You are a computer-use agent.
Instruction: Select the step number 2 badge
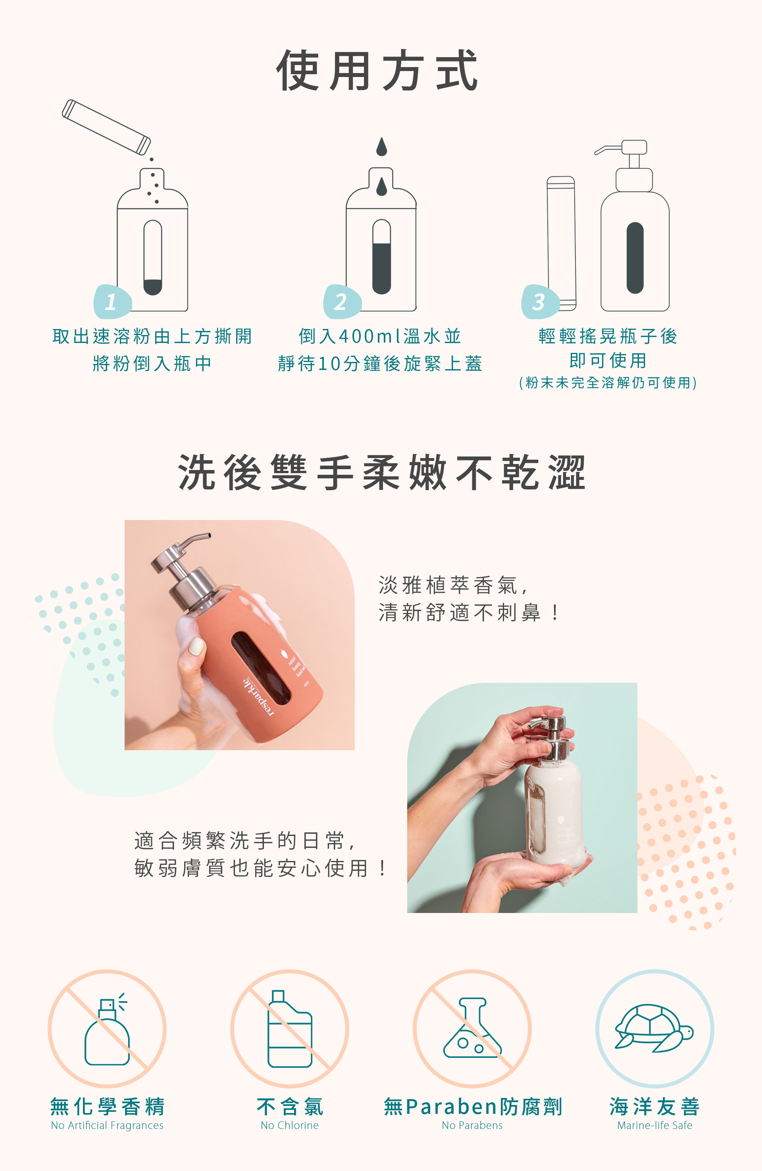(x=341, y=301)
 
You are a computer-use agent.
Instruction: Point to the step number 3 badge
(x=540, y=301)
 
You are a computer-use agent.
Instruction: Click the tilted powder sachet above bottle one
(x=106, y=127)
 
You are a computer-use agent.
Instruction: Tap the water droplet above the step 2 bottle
(x=381, y=146)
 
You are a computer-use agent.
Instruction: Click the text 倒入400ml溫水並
(x=380, y=337)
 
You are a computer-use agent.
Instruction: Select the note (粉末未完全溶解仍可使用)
(x=608, y=383)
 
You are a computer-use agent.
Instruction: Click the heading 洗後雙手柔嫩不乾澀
(x=381, y=472)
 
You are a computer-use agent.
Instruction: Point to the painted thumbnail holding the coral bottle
(x=196, y=645)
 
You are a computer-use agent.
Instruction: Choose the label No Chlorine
(x=290, y=1125)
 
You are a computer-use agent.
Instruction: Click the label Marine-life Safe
(x=655, y=1125)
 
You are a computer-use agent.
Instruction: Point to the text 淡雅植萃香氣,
(x=452, y=585)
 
